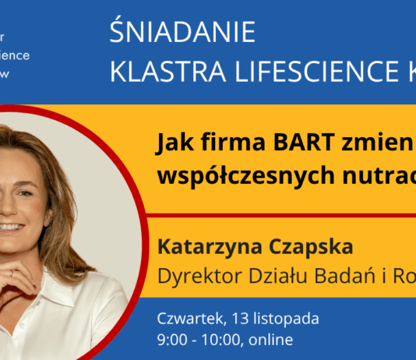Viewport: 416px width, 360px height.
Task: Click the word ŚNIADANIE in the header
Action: tap(183, 32)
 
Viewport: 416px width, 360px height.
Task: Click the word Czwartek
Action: tap(188, 319)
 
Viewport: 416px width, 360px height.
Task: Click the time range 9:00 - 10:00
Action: tap(204, 340)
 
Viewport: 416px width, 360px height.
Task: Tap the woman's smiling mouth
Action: tap(10, 227)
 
